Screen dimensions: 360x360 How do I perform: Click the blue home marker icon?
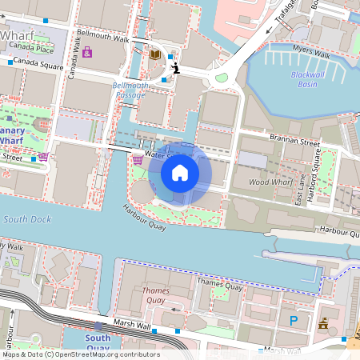click(180, 172)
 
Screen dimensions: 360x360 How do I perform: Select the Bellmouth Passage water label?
click(129, 90)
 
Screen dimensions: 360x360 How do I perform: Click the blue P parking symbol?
click(294, 321)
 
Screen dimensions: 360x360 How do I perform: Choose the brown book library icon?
click(155, 54)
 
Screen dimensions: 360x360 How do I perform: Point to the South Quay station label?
click(98, 342)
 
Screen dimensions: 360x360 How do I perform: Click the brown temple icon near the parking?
click(324, 323)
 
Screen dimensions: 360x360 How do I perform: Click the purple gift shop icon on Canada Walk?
click(87, 52)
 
